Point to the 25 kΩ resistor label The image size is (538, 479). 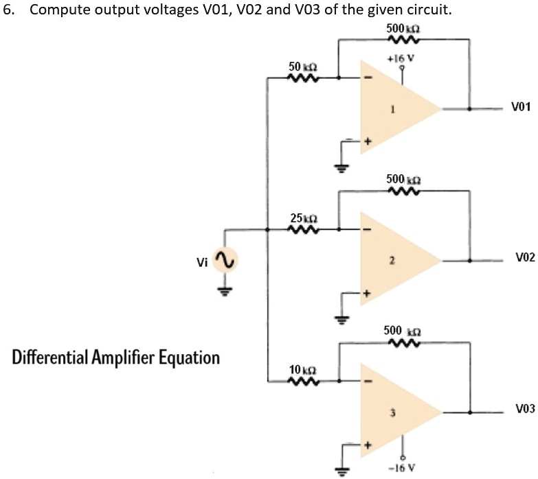302,218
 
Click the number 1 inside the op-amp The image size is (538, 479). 392,108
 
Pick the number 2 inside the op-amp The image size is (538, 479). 392,261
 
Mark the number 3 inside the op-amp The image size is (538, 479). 392,412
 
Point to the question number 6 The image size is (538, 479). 7,12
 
